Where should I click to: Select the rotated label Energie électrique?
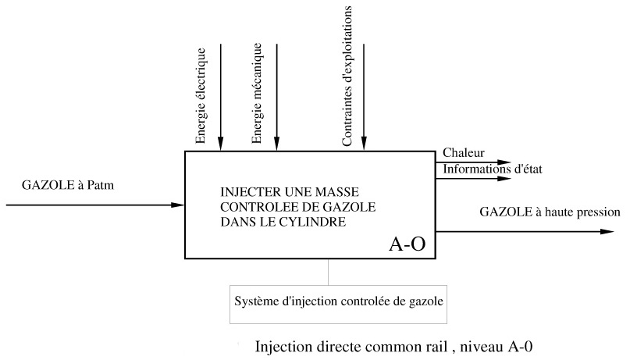tap(201, 96)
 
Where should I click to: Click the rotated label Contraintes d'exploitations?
tap(347, 76)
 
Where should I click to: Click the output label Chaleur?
tap(464, 152)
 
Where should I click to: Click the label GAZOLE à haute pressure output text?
tap(549, 212)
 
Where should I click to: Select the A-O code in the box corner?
tap(407, 244)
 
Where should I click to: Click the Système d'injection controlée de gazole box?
tap(339, 300)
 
